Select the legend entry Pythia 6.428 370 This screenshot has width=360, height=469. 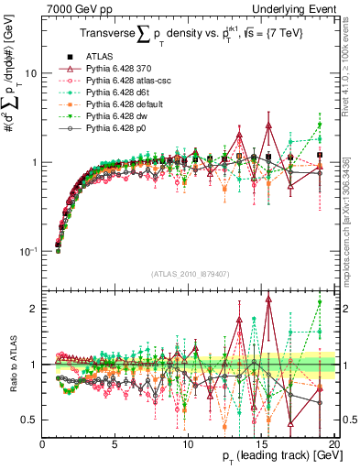pos(124,69)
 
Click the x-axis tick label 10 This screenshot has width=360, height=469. pos(188,444)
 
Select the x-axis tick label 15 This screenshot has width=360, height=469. pos(260,444)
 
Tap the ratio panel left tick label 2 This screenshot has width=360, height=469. pos(33,309)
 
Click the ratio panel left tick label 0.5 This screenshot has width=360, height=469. pos(29,420)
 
